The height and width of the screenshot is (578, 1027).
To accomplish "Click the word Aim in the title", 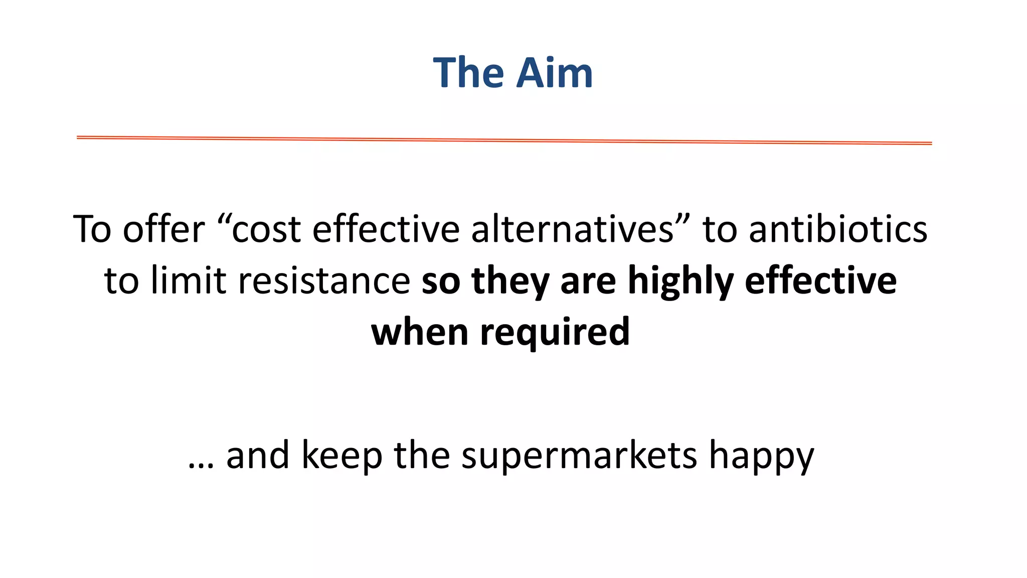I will point(554,73).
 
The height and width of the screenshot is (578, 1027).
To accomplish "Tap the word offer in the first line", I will point(164,229).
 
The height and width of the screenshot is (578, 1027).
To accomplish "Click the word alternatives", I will point(573,229).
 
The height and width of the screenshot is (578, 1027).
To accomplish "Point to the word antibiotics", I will point(838,229).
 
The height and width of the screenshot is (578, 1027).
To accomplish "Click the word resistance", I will point(324,281).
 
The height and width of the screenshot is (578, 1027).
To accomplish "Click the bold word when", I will point(420,332).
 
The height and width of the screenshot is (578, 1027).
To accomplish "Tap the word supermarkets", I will point(579,456).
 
